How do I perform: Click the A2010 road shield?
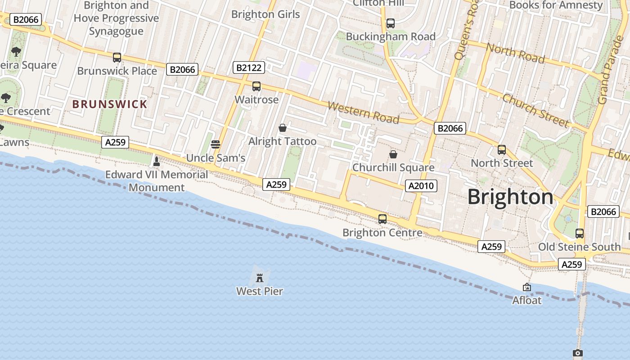click(x=421, y=186)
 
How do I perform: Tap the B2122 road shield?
click(x=248, y=68)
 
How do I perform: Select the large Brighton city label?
click(x=510, y=197)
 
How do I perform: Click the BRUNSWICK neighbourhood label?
click(x=110, y=104)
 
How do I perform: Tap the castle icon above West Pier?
click(x=260, y=277)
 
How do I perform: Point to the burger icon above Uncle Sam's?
click(x=216, y=144)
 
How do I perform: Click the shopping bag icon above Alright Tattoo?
click(x=283, y=128)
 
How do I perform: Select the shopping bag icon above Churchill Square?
click(x=393, y=154)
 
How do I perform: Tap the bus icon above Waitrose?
click(x=256, y=86)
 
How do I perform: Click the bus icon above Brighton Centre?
click(x=382, y=219)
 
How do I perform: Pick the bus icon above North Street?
click(x=502, y=150)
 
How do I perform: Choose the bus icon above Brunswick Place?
click(x=117, y=58)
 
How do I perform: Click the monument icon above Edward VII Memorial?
click(x=157, y=161)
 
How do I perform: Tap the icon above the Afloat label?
click(x=527, y=287)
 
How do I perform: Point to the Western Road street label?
click(x=363, y=112)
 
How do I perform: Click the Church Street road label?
click(x=535, y=110)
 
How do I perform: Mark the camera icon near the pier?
click(x=578, y=353)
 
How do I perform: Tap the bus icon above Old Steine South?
click(x=580, y=234)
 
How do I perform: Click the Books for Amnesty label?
click(x=556, y=5)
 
